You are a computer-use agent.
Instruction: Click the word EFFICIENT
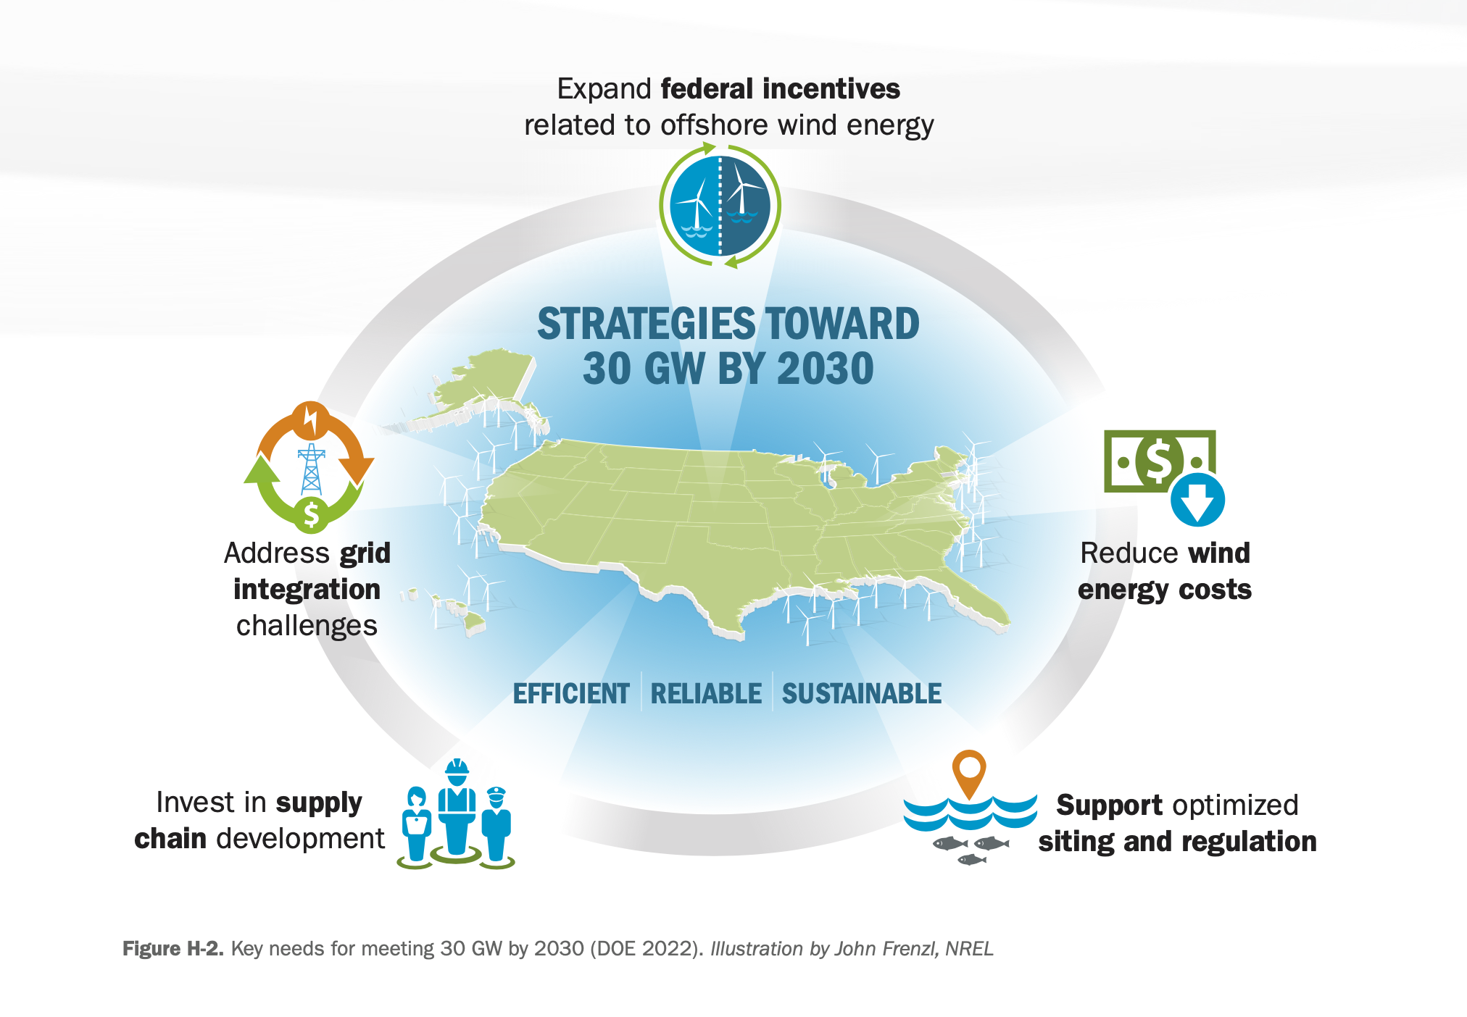coord(571,694)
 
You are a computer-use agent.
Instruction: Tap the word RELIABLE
coord(706,694)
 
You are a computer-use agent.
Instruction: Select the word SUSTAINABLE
coord(862,694)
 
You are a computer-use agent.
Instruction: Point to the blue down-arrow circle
coord(1197,500)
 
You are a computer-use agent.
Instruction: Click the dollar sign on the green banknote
coord(1158,461)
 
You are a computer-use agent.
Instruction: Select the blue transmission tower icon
coord(312,469)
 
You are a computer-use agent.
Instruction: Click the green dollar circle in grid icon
coord(312,514)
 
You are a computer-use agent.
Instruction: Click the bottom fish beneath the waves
coord(972,860)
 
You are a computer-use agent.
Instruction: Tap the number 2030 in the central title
coord(825,369)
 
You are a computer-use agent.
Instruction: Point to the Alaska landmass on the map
coord(486,384)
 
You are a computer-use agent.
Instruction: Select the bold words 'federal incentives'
coord(781,89)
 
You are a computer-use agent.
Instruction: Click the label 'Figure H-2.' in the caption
coord(173,949)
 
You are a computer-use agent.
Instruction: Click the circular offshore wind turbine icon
coord(720,206)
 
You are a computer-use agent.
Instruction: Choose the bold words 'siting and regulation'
coord(1178,842)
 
